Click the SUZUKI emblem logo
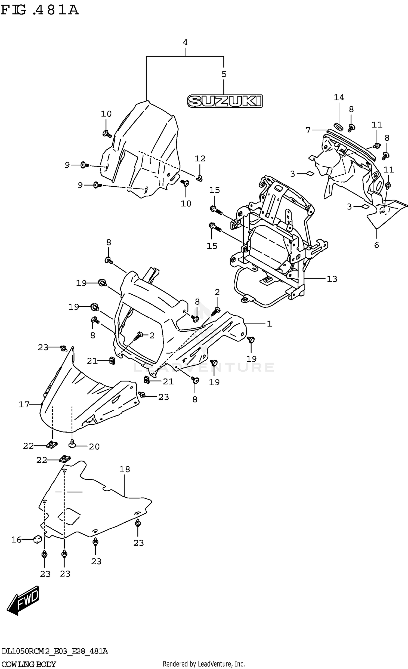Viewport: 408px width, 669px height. click(225, 101)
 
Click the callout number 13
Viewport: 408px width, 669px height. click(332, 279)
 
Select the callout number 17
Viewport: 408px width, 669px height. click(24, 405)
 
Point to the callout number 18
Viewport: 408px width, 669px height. click(125, 469)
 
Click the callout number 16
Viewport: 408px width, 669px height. click(16, 540)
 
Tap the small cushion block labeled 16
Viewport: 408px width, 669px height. click(37, 539)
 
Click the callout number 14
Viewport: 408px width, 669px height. click(339, 97)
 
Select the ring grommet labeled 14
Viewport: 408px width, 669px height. click(338, 126)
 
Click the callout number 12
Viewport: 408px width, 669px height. click(200, 159)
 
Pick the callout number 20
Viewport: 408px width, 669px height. click(94, 446)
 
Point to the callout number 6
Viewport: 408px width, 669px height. click(376, 245)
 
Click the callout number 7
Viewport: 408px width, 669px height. click(308, 130)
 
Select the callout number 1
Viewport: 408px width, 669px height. click(269, 324)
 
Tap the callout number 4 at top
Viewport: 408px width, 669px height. click(185, 42)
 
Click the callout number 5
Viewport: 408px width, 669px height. click(224, 74)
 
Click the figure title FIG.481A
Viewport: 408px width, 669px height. click(40, 10)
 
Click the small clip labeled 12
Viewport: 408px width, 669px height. click(200, 178)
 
